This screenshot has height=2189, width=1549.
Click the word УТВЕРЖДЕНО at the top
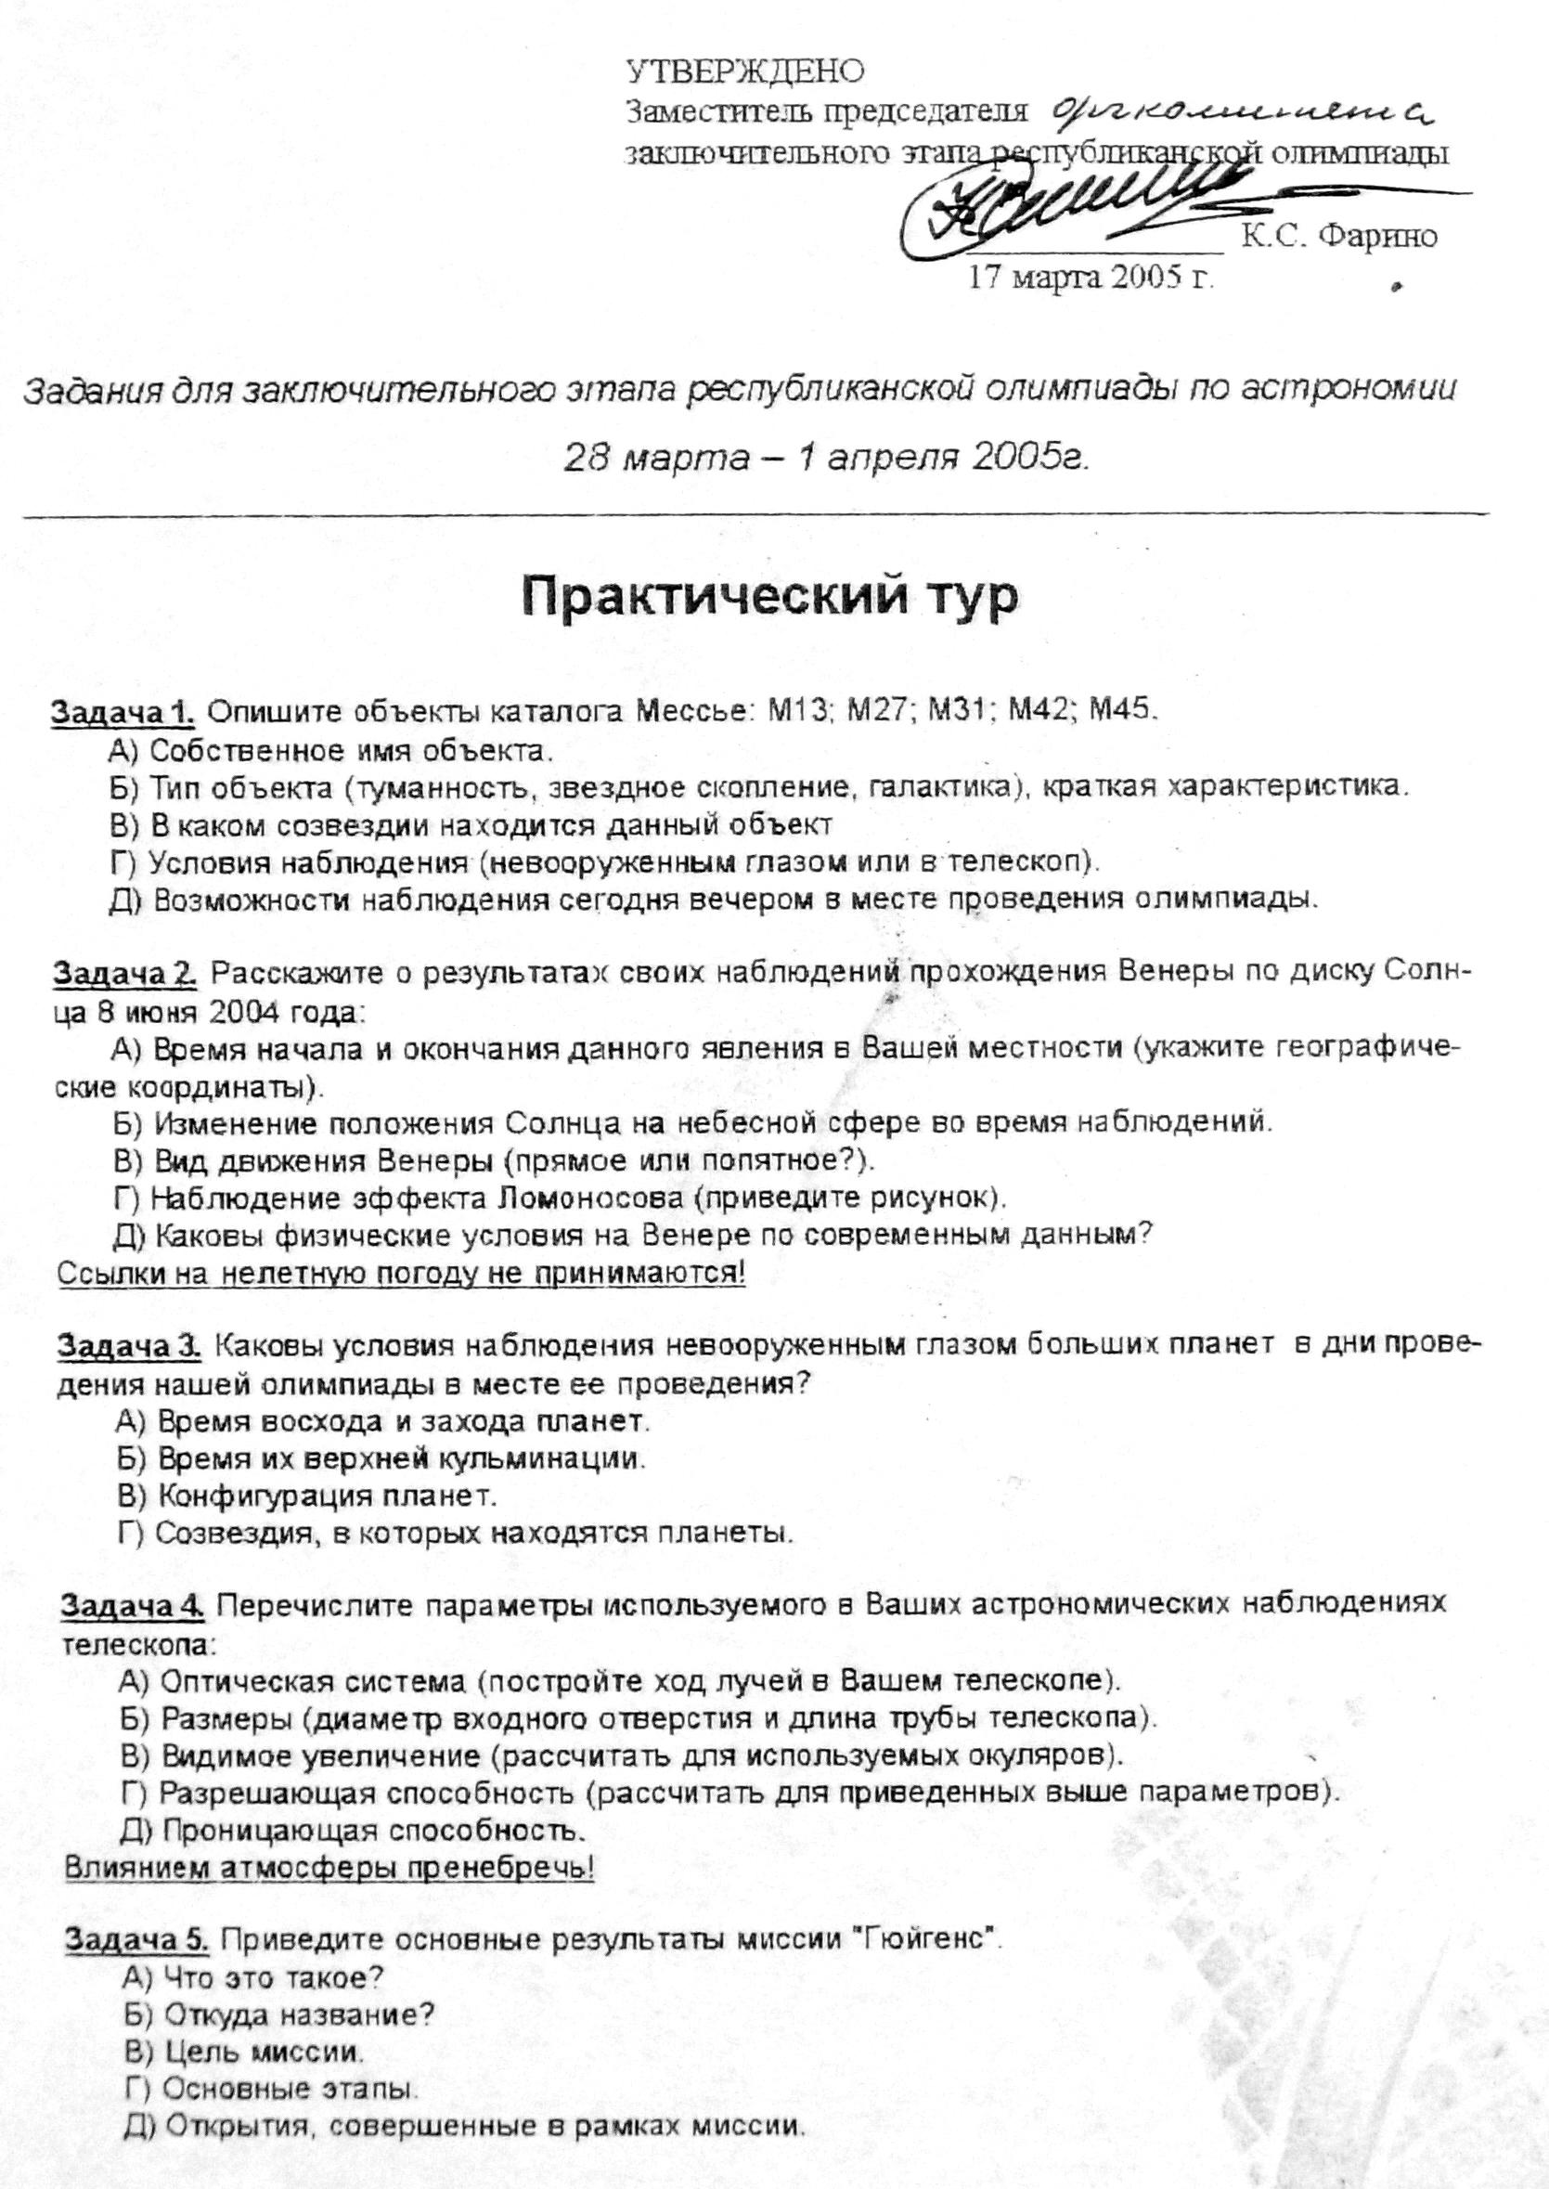pos(745,71)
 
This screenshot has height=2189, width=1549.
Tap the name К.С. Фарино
pos(1339,235)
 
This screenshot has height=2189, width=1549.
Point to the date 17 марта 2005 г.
pos(1091,277)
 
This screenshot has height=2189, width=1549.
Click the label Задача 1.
pos(123,711)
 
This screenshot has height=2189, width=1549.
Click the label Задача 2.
pos(125,973)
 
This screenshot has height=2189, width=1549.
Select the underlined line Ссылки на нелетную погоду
pos(401,1274)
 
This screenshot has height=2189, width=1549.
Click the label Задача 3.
pos(129,1346)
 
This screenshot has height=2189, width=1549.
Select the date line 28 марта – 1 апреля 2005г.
pos(826,458)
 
